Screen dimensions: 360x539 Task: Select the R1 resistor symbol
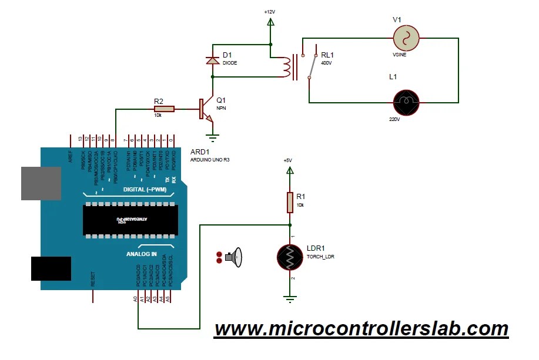point(290,202)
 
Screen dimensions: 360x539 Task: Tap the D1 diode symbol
point(212,59)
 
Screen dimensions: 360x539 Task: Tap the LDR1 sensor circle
point(290,257)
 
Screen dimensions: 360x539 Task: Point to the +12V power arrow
point(270,22)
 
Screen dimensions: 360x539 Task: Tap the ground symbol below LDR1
point(289,299)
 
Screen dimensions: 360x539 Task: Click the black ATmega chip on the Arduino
point(130,220)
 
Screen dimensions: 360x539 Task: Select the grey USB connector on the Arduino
point(41,183)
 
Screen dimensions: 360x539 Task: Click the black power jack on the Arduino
point(51,269)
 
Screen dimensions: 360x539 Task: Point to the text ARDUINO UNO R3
point(210,160)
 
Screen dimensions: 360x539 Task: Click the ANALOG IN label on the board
point(142,254)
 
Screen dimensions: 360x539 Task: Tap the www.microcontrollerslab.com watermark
point(361,329)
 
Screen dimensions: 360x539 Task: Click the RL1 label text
point(327,55)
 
